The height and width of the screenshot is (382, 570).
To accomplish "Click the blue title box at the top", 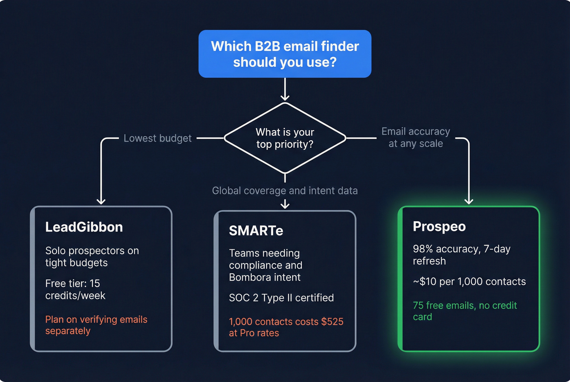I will [285, 54].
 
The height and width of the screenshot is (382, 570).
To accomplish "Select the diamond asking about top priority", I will [285, 138].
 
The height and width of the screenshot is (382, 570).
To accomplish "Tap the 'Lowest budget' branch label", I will [157, 138].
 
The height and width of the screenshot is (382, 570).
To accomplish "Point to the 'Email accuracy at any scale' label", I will [415, 138].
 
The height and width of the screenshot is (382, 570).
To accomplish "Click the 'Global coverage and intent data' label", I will [285, 191].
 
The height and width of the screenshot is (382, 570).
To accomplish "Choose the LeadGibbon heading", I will [84, 227].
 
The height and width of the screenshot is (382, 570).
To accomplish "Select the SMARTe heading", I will [256, 231].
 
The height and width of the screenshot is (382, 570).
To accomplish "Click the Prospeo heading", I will [439, 227].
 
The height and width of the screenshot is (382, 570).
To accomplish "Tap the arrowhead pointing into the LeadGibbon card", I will [101, 201].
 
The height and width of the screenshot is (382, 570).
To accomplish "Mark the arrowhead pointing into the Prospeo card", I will [469, 201].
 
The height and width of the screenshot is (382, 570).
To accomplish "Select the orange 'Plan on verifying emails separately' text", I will [96, 325].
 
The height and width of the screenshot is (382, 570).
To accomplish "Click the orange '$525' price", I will [332, 322].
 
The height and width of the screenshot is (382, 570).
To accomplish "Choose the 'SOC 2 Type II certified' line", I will [281, 298].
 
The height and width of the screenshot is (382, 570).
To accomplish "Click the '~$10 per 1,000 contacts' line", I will [469, 282].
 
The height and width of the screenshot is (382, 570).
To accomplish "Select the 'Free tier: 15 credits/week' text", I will [75, 289].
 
